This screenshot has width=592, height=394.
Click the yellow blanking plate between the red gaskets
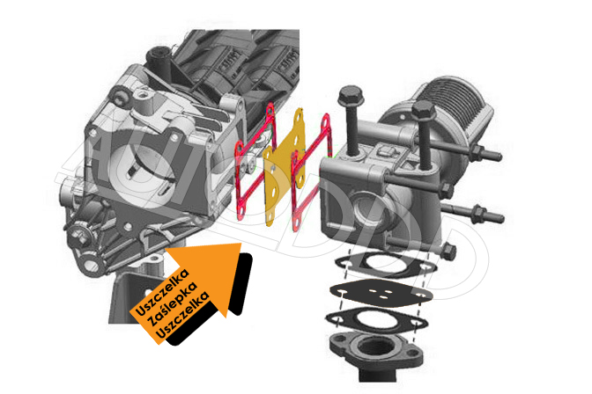[x=283, y=166]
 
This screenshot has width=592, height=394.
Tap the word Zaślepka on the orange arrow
[x=174, y=304]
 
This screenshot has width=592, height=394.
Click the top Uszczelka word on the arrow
[x=162, y=292]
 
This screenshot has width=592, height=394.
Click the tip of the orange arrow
[x=241, y=244]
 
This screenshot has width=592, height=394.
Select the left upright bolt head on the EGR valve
[x=351, y=96]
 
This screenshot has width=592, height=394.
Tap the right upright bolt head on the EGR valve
[x=424, y=110]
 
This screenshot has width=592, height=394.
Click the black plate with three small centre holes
[x=381, y=292]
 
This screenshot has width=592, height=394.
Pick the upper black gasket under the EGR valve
[x=386, y=266]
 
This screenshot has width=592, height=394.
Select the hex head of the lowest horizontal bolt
[x=448, y=252]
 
